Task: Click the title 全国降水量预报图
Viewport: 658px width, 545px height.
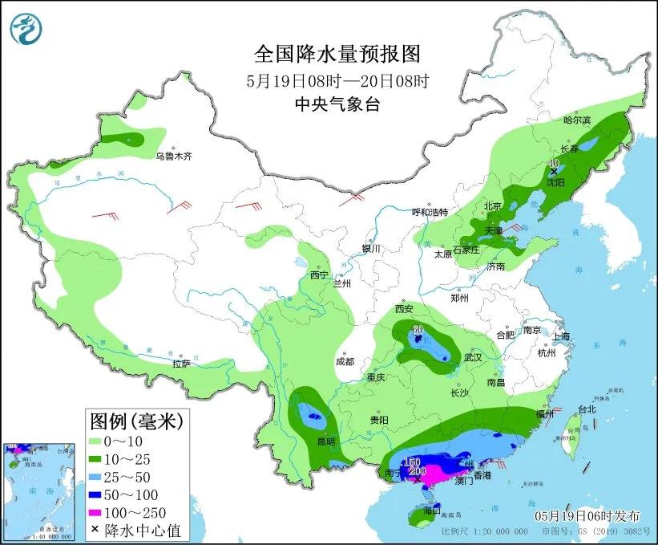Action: pyautogui.click(x=337, y=54)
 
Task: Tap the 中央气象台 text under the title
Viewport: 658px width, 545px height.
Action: pyautogui.click(x=337, y=104)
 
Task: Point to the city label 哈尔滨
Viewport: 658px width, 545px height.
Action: pyautogui.click(x=576, y=120)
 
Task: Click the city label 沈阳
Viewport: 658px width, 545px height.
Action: pyautogui.click(x=566, y=182)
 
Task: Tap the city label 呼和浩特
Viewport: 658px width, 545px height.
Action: pyautogui.click(x=430, y=212)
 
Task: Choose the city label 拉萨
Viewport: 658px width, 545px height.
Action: pyautogui.click(x=181, y=364)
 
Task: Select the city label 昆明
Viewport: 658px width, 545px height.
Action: pyautogui.click(x=325, y=441)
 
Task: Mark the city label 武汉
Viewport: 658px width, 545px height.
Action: pyautogui.click(x=472, y=358)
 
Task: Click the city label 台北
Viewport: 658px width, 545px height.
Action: pyautogui.click(x=586, y=409)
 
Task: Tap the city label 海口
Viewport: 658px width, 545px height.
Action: pyautogui.click(x=432, y=510)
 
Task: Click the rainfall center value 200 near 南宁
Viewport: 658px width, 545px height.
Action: pyautogui.click(x=417, y=472)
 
